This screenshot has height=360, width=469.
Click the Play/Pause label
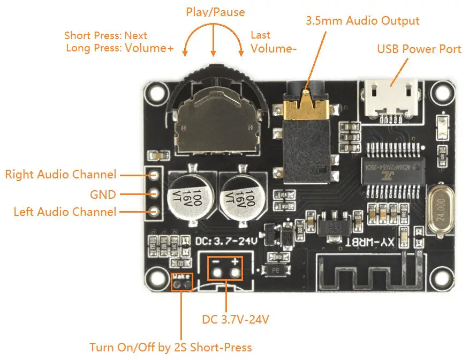click(215, 12)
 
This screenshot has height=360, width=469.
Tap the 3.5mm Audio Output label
click(362, 21)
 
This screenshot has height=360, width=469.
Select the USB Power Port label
click(419, 49)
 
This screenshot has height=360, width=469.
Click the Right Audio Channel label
click(60, 174)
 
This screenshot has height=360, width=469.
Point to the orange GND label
click(103, 194)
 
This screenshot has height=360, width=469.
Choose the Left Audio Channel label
click(65, 212)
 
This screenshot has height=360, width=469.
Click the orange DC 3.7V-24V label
click(235, 320)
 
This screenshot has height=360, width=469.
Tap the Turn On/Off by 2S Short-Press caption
click(170, 347)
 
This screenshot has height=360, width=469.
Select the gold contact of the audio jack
click(305, 107)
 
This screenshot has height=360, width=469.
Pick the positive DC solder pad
click(235, 273)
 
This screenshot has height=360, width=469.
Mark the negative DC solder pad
click(216, 273)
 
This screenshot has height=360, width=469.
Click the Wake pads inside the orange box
click(181, 282)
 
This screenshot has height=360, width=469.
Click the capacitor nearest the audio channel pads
click(185, 196)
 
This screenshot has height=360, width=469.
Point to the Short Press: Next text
click(105, 35)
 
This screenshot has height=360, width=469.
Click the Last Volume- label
click(273, 42)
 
